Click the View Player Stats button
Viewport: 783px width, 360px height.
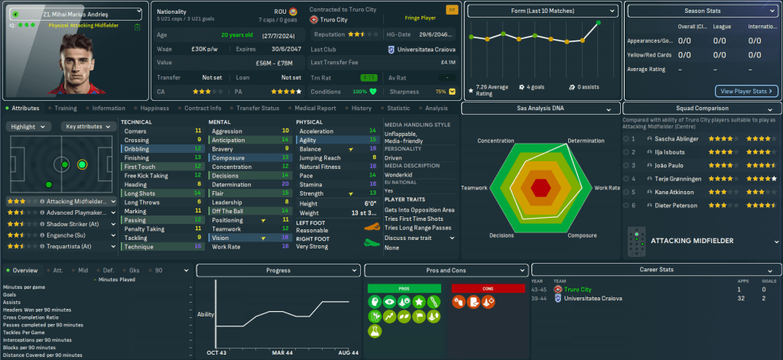point(746,91)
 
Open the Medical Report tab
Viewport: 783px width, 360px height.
point(316,109)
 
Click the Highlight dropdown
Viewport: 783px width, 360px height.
point(28,126)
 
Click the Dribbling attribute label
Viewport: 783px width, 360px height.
point(138,149)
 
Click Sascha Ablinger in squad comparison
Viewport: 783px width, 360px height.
point(676,139)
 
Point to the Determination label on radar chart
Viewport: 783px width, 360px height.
point(586,141)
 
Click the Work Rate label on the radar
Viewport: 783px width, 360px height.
point(607,187)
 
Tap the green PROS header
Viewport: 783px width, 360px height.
point(403,288)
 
